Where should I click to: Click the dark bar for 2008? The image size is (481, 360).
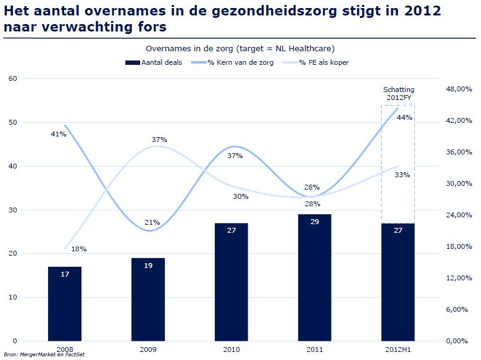click(64, 303)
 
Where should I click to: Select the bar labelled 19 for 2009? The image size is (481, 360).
click(148, 299)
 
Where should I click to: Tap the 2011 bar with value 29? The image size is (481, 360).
click(314, 277)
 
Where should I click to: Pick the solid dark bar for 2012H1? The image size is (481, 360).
click(397, 282)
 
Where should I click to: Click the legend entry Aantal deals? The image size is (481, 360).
click(153, 62)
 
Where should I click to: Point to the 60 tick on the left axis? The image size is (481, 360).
click(13, 78)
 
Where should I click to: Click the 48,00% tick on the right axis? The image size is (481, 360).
click(458, 89)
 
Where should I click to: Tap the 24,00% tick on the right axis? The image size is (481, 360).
click(458, 215)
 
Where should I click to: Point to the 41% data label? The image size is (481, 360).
click(58, 133)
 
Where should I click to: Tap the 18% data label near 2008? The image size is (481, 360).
click(78, 249)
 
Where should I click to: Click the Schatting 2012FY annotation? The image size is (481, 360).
click(398, 94)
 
